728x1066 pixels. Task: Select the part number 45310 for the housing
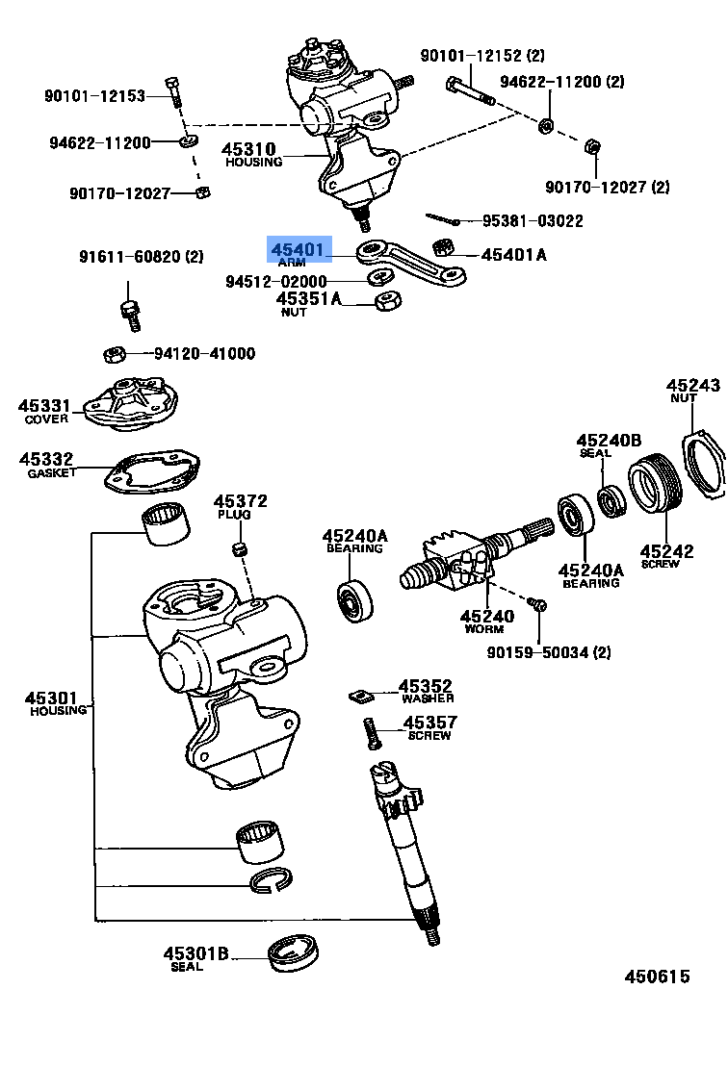click(x=248, y=149)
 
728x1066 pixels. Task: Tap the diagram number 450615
click(x=657, y=977)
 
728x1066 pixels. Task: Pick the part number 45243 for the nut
click(x=694, y=385)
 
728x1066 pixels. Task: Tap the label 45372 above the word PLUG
click(x=240, y=501)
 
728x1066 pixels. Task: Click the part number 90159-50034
click(x=541, y=653)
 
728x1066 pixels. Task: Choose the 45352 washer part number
click(x=426, y=686)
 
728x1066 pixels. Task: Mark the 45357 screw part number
click(x=429, y=723)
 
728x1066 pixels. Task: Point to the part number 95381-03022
click(x=532, y=221)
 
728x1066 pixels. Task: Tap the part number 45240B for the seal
click(x=609, y=441)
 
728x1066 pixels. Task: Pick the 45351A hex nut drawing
click(x=387, y=301)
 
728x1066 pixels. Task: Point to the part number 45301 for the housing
click(x=51, y=698)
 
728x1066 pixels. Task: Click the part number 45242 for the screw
click(x=666, y=551)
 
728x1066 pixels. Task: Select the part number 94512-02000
click(x=275, y=282)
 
